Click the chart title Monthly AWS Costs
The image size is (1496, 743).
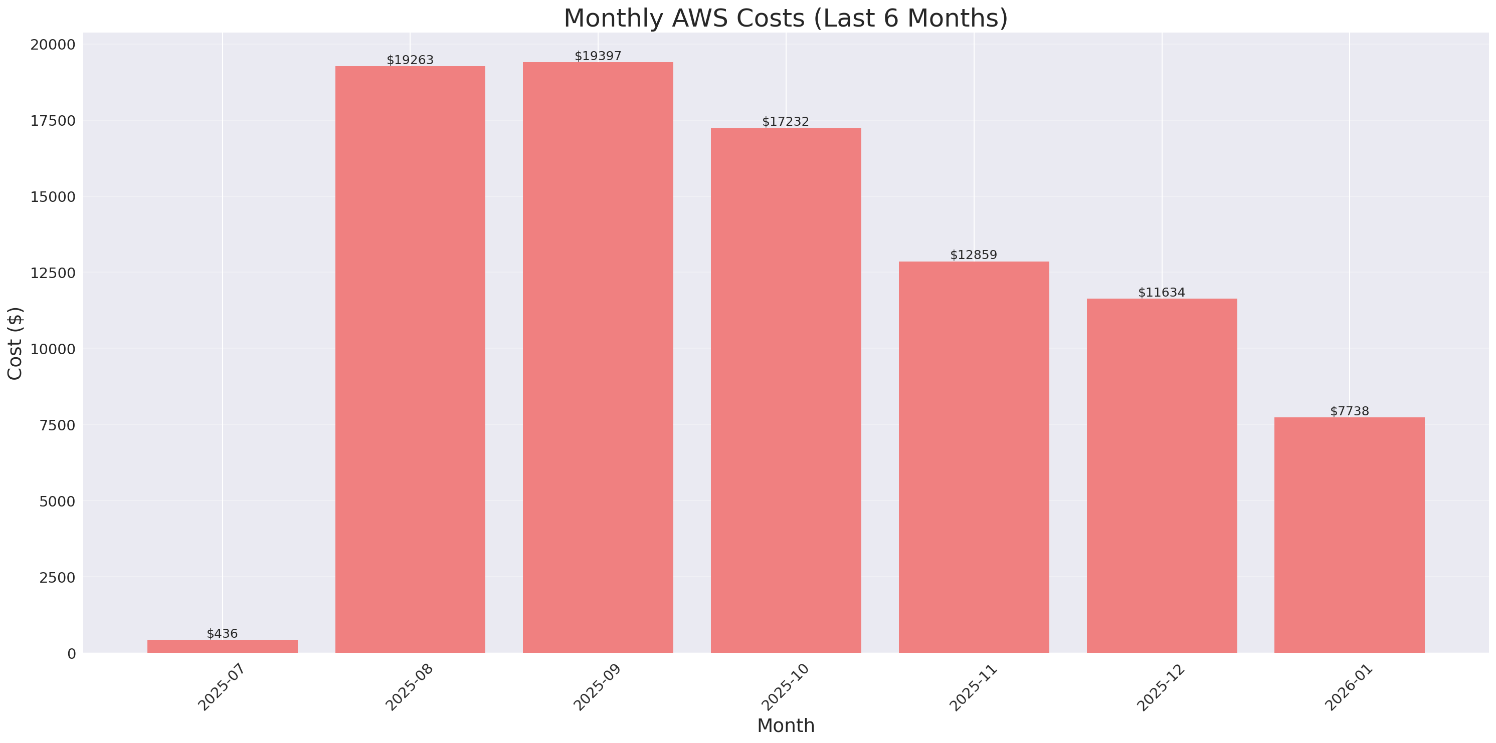click(x=785, y=18)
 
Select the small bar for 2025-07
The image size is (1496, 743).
click(x=223, y=646)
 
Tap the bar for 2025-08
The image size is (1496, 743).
click(x=410, y=360)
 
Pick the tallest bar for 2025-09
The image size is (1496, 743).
click(x=598, y=358)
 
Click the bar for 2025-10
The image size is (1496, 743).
click(x=786, y=391)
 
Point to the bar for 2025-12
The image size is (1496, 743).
click(x=1162, y=476)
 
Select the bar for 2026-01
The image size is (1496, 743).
click(x=1349, y=535)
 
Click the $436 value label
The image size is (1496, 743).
click(x=223, y=633)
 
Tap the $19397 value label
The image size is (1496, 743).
click(x=598, y=56)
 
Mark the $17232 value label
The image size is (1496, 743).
click(x=785, y=121)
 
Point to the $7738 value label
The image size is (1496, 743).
click(x=1349, y=411)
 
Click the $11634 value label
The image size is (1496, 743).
click(x=1161, y=292)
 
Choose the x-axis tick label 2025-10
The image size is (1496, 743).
click(x=785, y=687)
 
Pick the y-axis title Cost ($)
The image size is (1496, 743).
click(x=15, y=343)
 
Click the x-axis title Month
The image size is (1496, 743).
click(x=785, y=725)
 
